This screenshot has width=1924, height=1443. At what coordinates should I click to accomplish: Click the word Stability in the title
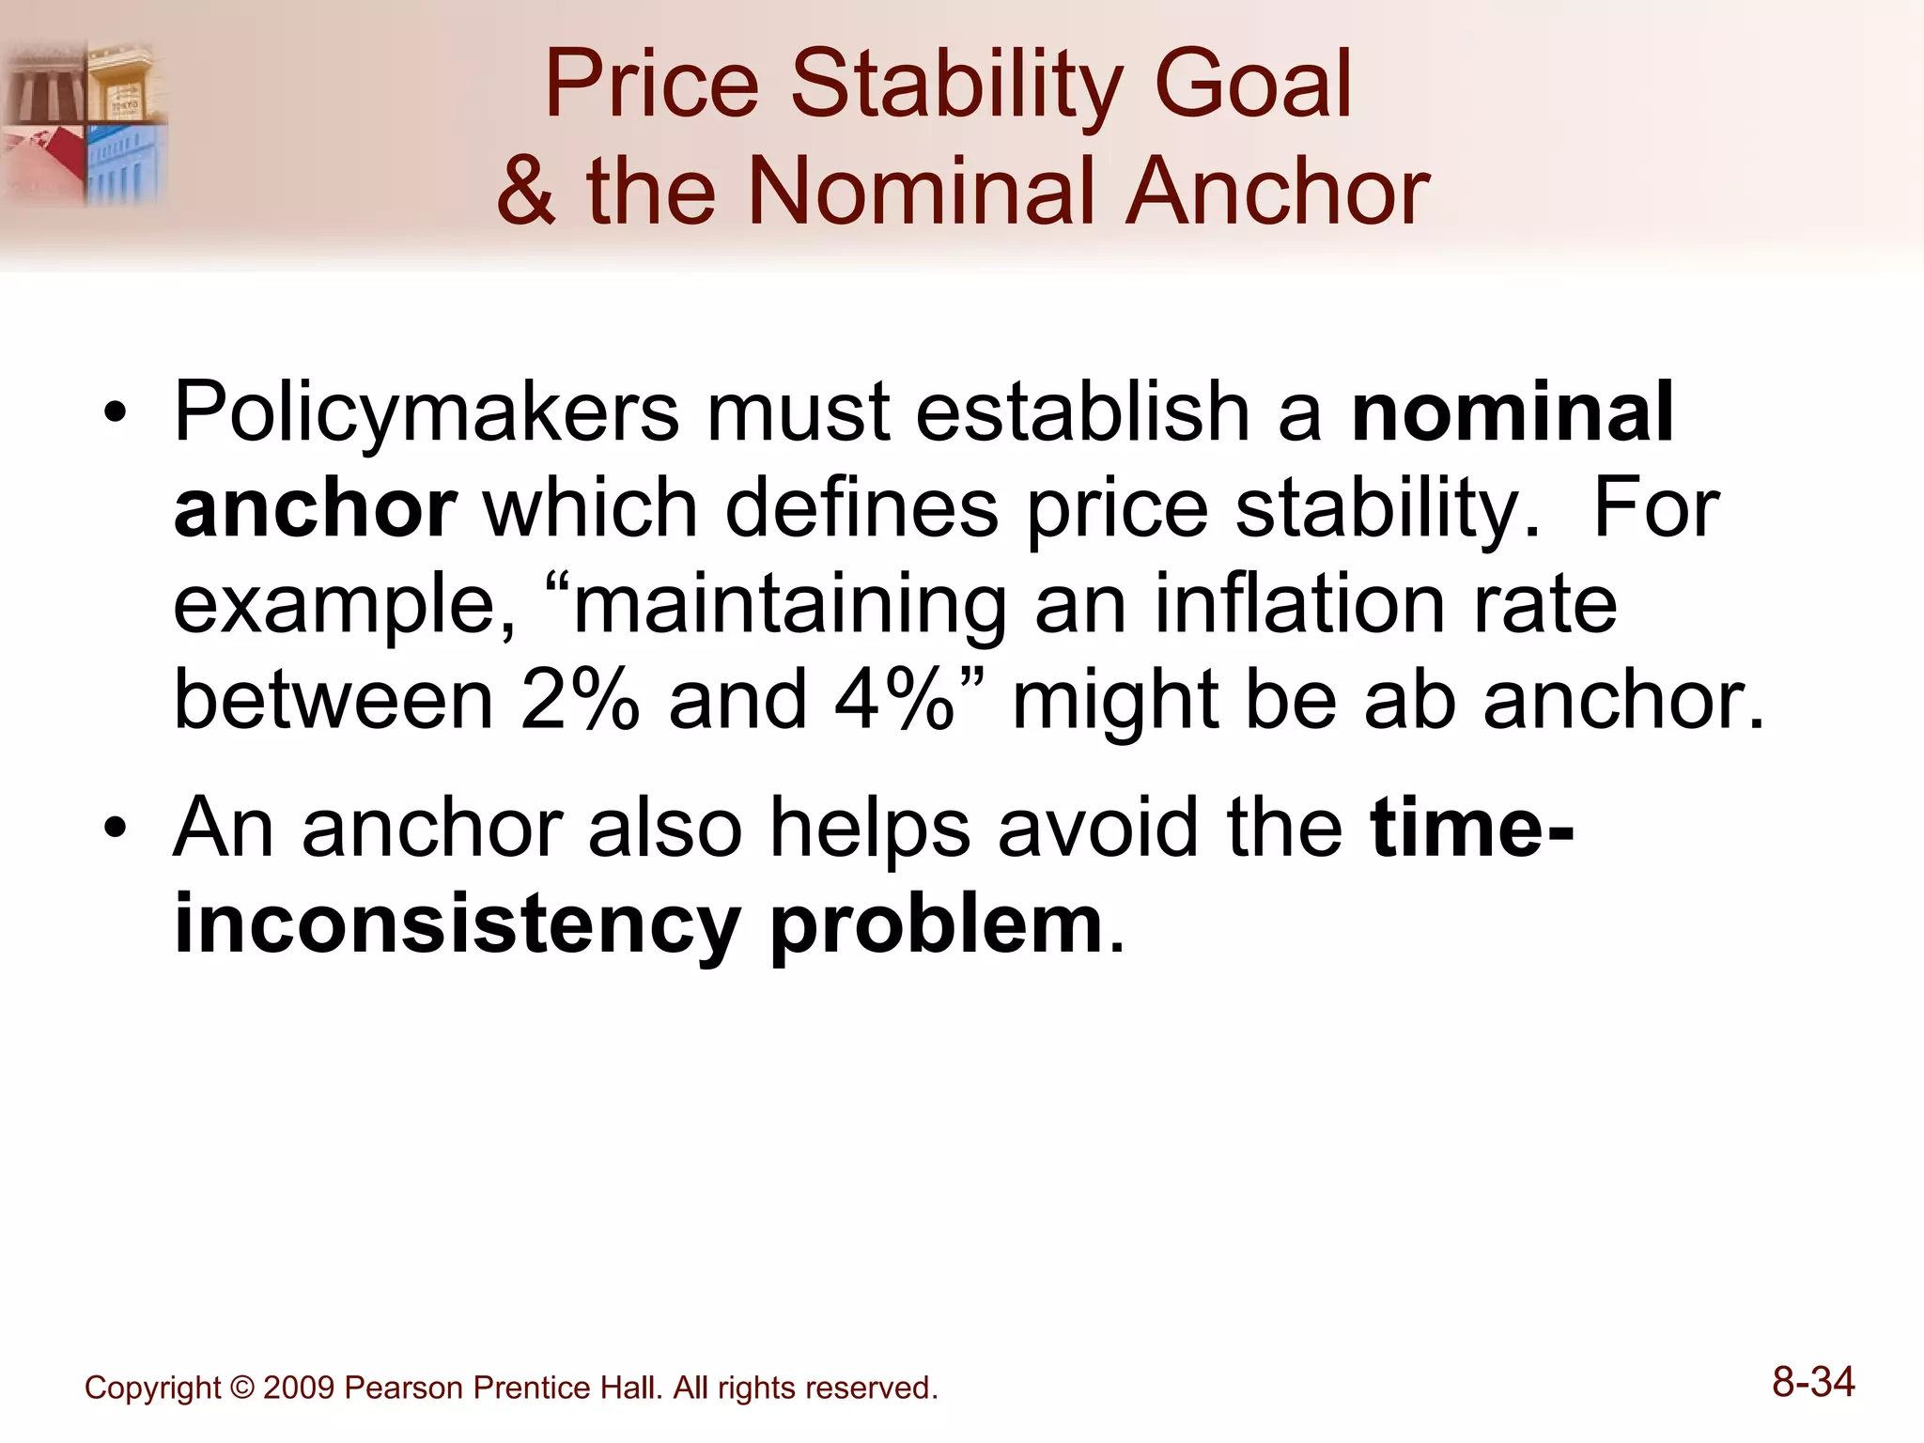pos(956,86)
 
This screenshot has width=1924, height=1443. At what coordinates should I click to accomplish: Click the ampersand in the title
pos(526,192)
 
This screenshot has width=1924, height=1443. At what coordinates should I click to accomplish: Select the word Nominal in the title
pos(920,192)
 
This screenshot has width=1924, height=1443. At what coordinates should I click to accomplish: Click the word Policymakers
pos(427,413)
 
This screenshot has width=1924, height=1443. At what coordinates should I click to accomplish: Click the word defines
pos(861,508)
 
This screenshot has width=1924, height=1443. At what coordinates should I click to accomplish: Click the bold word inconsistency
pos(458,925)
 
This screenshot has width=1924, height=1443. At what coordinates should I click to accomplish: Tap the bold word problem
pos(936,925)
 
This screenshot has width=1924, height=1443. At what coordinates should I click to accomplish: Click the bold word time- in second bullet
pos(1471,829)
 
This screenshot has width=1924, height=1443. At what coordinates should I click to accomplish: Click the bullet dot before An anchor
pos(115,830)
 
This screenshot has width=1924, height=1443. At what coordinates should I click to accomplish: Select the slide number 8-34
pos(1813,1383)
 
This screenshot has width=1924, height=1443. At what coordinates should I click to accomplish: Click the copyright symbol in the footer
pos(242,1389)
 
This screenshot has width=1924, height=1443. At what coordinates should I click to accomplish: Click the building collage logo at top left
pos(85,122)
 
